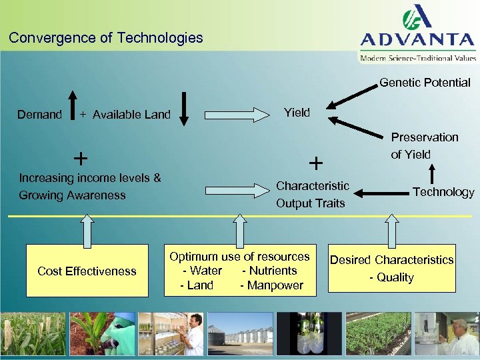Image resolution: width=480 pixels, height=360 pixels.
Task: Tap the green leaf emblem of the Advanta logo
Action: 419,18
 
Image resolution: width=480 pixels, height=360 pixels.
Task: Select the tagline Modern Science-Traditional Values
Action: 419,58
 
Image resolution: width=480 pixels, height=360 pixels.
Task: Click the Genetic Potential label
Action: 425,83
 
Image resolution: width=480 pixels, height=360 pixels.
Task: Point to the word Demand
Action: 39,115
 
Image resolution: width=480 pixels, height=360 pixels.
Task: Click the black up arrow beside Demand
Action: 72,109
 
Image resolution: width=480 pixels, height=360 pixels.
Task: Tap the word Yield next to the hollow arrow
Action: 297,113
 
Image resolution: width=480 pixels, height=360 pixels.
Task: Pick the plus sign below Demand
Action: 80,159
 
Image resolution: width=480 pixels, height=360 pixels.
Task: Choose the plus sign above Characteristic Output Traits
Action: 315,163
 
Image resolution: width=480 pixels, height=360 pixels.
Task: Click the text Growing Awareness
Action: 73,195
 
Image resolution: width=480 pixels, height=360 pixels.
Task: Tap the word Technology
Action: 443,192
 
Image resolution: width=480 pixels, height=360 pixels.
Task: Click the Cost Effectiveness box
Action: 87,271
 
